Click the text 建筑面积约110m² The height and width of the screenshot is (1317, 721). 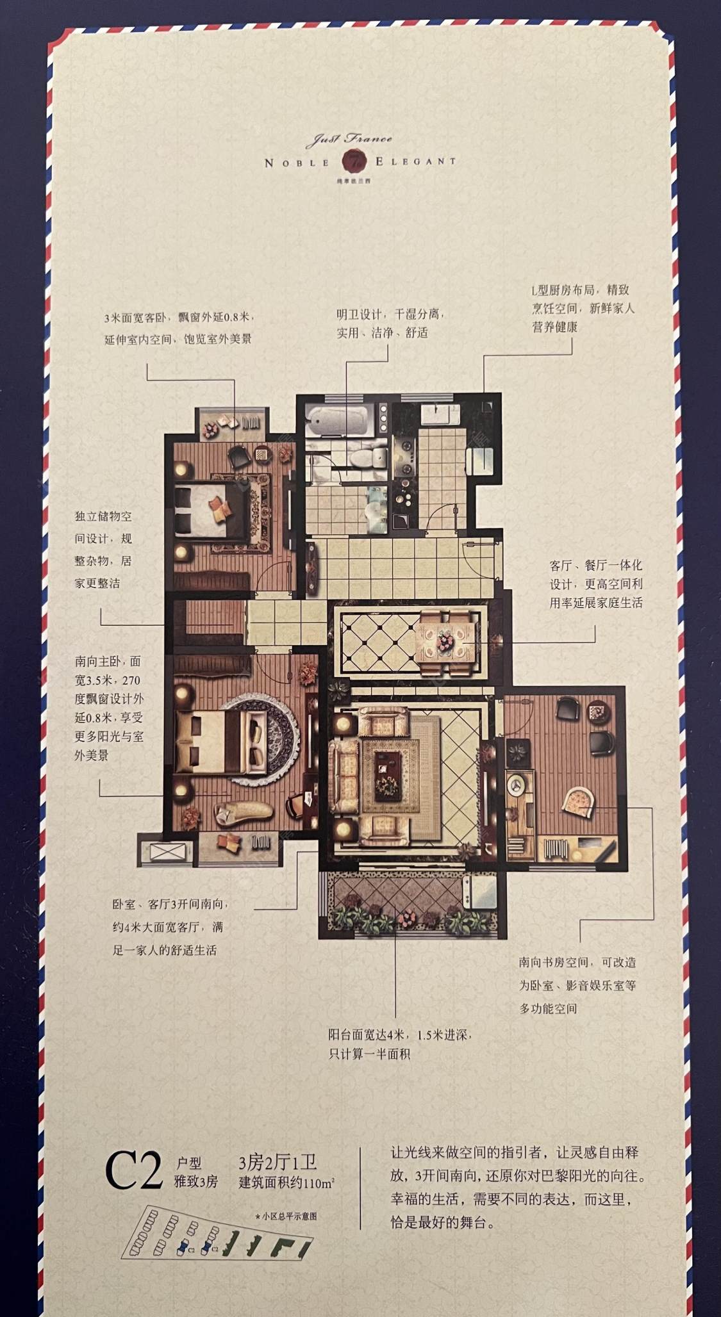pos(286,1182)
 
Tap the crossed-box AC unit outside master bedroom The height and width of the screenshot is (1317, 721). pos(166,852)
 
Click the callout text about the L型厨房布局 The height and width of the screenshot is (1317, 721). pos(583,308)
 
